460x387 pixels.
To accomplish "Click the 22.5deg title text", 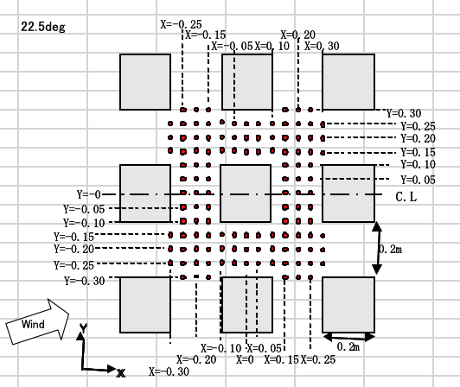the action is click(x=43, y=27).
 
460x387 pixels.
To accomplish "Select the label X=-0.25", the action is click(x=181, y=24).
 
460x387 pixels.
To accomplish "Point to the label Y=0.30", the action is click(x=404, y=113).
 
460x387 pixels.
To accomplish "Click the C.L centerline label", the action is click(x=406, y=197).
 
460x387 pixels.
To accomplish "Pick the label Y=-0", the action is click(x=88, y=194).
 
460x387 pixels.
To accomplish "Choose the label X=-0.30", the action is click(x=169, y=371).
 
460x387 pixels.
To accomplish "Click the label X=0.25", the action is click(x=318, y=359).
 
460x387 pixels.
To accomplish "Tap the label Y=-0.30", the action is click(x=85, y=281).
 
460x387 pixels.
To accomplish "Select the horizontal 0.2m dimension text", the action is click(x=348, y=347).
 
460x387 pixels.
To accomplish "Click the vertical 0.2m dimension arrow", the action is click(x=377, y=248).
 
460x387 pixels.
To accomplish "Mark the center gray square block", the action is click(x=246, y=193).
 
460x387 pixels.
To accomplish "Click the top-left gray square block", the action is click(x=145, y=82).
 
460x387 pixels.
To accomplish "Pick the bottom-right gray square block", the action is click(x=348, y=305).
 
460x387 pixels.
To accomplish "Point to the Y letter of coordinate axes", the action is click(x=84, y=328).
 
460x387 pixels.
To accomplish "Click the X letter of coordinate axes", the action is click(x=120, y=373).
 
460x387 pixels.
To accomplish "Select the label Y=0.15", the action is click(x=418, y=152).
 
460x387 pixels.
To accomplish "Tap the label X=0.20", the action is click(x=297, y=35).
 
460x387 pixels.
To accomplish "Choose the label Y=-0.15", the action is click(x=73, y=237).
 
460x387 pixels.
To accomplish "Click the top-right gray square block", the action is click(x=348, y=82).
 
